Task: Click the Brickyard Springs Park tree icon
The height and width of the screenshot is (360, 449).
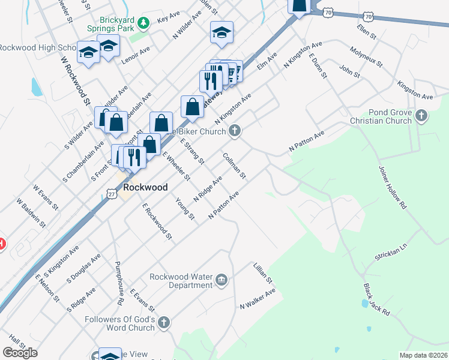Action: (x=143, y=23)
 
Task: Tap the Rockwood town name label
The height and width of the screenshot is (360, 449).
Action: (x=145, y=187)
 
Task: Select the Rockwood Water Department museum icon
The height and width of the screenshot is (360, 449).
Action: (x=221, y=279)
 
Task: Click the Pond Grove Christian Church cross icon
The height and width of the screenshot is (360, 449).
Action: (x=421, y=115)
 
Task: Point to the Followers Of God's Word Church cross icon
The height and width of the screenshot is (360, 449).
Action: (x=164, y=323)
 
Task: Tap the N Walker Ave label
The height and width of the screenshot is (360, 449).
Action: (x=258, y=298)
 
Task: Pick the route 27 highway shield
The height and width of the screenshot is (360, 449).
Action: (x=112, y=193)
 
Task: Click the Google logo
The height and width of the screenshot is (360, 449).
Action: (x=20, y=353)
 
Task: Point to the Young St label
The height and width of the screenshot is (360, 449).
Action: (x=184, y=209)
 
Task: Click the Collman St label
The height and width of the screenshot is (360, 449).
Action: (x=234, y=166)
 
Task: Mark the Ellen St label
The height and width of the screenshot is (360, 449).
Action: (x=366, y=32)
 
